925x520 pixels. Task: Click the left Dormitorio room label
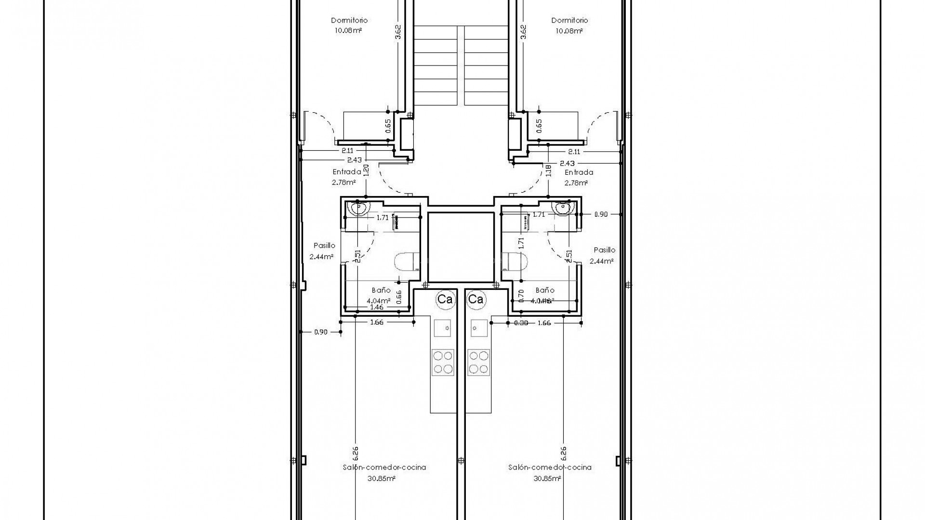tap(349, 20)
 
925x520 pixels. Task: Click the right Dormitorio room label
tap(569, 20)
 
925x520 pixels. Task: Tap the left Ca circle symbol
tap(445, 299)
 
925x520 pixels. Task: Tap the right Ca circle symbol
tap(476, 299)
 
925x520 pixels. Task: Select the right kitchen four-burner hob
tap(478, 362)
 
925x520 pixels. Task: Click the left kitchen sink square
tap(443, 328)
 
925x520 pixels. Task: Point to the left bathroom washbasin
tap(358, 209)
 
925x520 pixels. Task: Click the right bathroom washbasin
tap(563, 209)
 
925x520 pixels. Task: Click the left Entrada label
tap(347, 172)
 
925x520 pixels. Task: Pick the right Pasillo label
tap(604, 250)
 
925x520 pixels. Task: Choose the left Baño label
tap(381, 290)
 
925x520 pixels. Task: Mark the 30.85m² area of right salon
tap(547, 479)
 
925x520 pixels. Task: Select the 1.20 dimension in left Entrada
tap(366, 170)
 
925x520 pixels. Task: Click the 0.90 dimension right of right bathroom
tap(601, 215)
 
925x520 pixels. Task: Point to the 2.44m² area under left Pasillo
tap(322, 257)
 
